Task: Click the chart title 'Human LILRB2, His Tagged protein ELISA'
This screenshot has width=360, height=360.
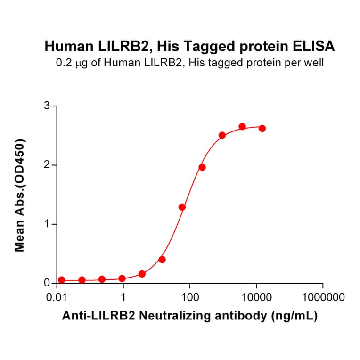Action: pos(189,46)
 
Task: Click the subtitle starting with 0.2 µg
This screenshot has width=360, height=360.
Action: pos(189,62)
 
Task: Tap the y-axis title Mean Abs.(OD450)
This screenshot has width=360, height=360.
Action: pos(20,195)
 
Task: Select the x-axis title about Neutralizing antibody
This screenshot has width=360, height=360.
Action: pos(190,316)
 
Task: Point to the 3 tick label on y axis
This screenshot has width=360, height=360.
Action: pos(47,106)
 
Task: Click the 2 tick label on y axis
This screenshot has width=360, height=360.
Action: pos(47,165)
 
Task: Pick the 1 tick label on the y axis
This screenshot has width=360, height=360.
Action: pos(47,224)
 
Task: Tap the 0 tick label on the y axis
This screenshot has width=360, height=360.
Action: pos(47,283)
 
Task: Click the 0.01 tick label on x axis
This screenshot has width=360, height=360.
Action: pos(57,298)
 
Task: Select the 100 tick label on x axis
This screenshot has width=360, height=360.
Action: pos(189,298)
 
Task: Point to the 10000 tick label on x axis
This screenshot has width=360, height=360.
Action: pos(256,298)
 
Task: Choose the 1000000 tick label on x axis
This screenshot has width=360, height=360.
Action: pos(323,298)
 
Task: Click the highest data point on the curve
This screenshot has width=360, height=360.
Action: pos(242,126)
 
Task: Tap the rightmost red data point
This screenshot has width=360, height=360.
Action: pos(262,128)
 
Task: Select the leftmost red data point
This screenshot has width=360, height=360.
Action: pos(61,279)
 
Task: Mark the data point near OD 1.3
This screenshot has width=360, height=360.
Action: pos(182,207)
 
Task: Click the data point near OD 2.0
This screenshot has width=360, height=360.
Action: pos(202,167)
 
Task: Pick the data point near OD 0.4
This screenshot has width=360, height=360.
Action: pos(162,260)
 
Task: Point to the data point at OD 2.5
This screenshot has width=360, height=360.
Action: pos(222,135)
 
